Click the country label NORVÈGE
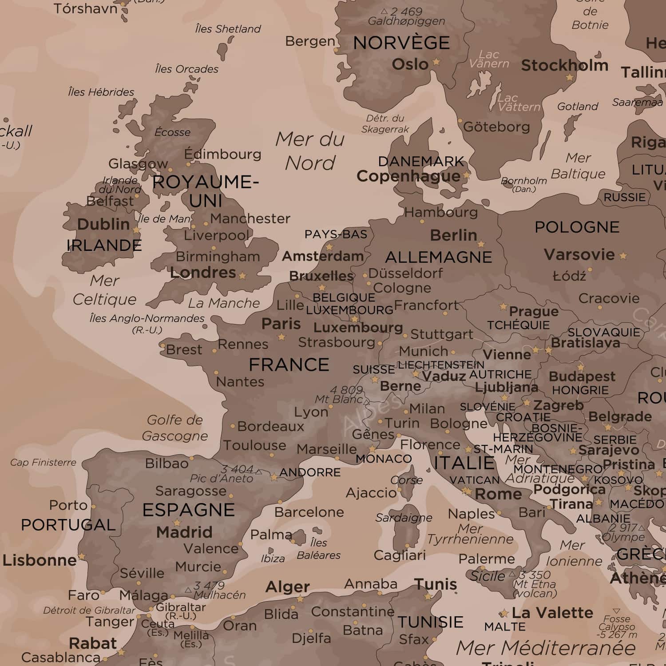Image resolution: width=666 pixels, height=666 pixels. [401, 43]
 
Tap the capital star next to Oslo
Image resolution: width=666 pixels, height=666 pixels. [436, 62]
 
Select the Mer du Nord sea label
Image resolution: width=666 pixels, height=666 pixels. [310, 151]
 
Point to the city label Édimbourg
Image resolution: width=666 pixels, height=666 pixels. [223, 154]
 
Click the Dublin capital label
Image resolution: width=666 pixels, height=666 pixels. [103, 224]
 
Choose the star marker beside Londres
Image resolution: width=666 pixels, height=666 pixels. [242, 276]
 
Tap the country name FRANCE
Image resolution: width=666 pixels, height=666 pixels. [289, 365]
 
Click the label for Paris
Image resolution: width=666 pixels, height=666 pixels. [281, 324]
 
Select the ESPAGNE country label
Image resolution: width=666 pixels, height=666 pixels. [188, 510]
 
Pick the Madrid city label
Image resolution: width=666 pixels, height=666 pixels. [184, 532]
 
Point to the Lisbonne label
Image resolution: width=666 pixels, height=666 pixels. [40, 560]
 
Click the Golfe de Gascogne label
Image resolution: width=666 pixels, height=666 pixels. [174, 428]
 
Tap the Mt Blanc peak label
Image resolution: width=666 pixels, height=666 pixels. [339, 399]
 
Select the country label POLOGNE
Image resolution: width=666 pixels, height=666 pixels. [577, 227]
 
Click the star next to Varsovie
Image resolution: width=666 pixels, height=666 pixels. [623, 256]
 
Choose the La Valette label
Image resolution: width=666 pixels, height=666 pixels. [552, 613]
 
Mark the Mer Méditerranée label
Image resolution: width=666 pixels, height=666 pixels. [546, 648]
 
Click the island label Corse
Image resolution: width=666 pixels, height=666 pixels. [406, 480]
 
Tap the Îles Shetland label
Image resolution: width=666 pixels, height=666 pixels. [228, 29]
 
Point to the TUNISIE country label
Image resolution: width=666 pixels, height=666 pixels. [430, 622]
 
